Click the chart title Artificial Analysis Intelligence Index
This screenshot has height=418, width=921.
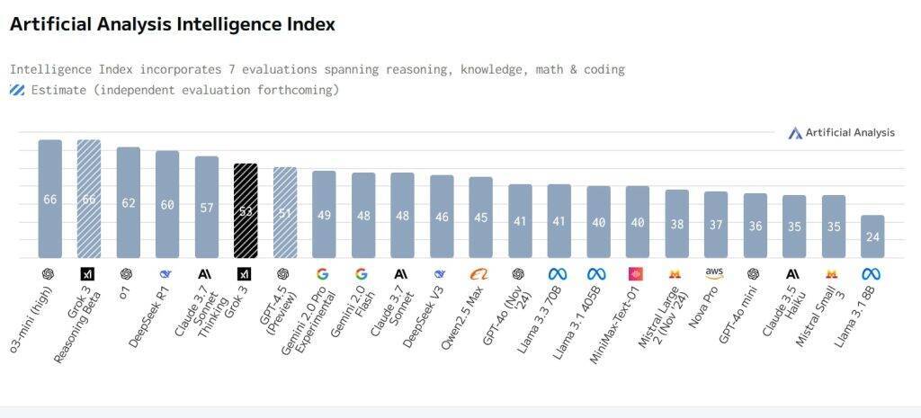pos(172,25)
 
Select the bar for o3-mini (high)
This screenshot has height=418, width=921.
pos(49,199)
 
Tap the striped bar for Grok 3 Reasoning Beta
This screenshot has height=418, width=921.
pos(89,199)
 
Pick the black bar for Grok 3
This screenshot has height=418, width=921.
pos(246,210)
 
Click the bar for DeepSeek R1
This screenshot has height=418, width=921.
pos(167,204)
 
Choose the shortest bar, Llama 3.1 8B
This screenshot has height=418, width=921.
pos(872,236)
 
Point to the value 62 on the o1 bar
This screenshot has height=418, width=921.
pos(129,203)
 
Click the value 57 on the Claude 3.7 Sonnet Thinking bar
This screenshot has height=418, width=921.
pos(207,208)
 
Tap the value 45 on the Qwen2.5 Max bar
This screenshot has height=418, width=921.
pos(481,218)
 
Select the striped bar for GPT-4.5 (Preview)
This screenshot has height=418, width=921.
pos(285,212)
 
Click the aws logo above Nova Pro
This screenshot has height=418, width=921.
pos(715,272)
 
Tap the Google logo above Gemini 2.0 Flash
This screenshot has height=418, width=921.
pos(362,273)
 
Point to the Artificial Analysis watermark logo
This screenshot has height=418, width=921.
pos(795,133)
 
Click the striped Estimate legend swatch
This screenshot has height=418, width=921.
pos(17,90)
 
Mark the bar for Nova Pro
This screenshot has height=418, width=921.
pos(716,225)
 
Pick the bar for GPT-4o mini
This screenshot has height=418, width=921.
pos(756,226)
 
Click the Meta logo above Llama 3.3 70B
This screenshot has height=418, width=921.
pos(559,273)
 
